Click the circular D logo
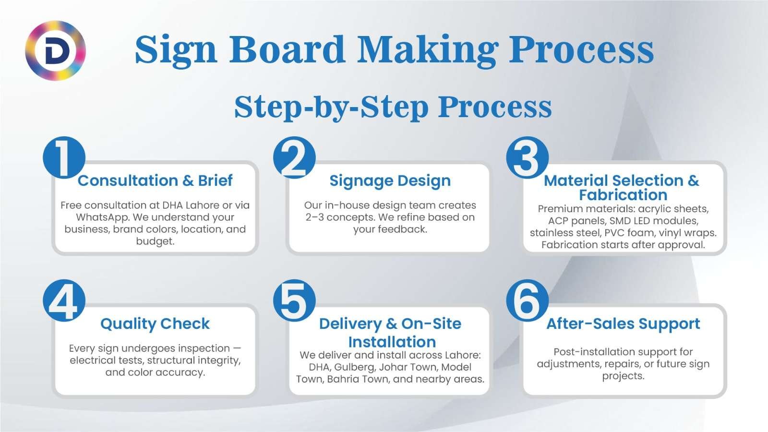coord(55,50)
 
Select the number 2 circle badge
coord(294,158)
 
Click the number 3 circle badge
coord(527,158)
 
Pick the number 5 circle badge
coord(294,301)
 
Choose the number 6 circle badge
coord(527,301)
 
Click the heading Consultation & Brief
coord(155,180)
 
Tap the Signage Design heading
coord(390,181)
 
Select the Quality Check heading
coord(155,324)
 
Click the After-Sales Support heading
coord(623,324)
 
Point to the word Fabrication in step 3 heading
coord(623,195)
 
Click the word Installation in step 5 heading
coord(392,342)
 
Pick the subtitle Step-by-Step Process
coord(393,107)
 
